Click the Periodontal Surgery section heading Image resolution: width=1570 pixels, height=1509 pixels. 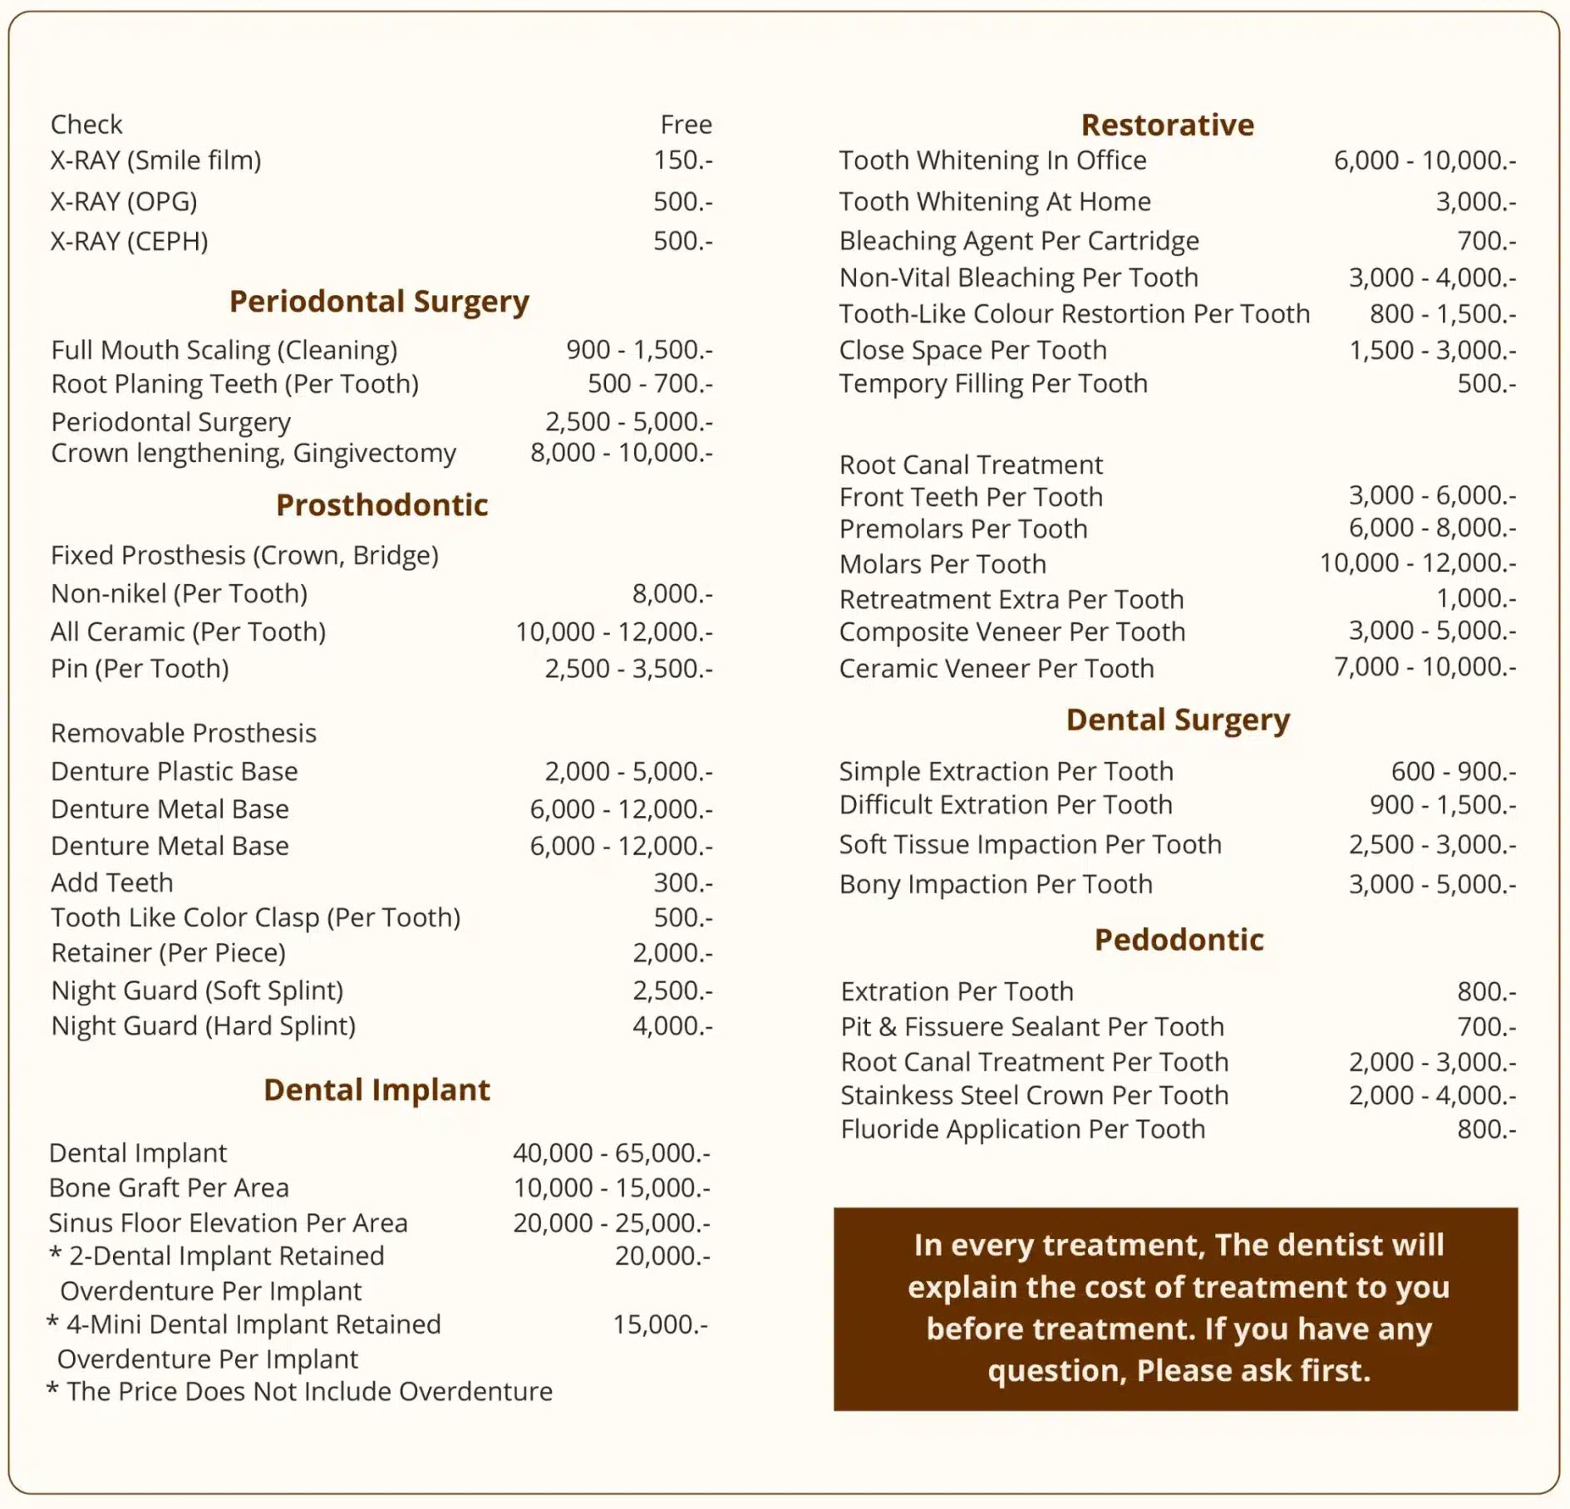(x=379, y=301)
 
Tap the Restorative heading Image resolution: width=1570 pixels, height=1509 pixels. (x=1167, y=125)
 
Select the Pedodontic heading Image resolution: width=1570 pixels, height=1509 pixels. (x=1179, y=939)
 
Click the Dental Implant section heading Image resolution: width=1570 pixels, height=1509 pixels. (x=377, y=1089)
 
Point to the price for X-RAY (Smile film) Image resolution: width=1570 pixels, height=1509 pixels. (x=682, y=160)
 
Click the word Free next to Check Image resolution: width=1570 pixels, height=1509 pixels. (x=686, y=125)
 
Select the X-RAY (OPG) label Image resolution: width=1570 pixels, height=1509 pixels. (x=124, y=201)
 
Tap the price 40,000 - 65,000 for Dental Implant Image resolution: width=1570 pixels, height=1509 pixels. (x=611, y=1153)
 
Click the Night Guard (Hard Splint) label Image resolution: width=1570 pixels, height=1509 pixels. (x=204, y=1025)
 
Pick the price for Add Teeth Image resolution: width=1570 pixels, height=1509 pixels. (x=682, y=882)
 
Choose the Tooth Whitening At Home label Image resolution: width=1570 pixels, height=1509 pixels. (x=995, y=201)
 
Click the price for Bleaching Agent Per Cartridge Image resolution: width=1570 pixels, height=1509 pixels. (x=1486, y=241)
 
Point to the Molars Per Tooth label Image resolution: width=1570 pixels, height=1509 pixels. (x=942, y=563)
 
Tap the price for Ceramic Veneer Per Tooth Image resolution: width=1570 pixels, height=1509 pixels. (x=1425, y=666)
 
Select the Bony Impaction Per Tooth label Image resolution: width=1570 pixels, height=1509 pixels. (x=996, y=883)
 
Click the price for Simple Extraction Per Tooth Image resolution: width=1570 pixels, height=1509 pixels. (x=1453, y=771)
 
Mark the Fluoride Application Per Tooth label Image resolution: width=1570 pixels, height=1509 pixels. (x=1022, y=1128)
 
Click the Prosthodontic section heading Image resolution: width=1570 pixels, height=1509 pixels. (x=381, y=504)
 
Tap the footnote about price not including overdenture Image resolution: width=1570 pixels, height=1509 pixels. (x=300, y=1391)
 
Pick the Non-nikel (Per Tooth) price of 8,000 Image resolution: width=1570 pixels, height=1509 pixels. (x=672, y=593)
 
